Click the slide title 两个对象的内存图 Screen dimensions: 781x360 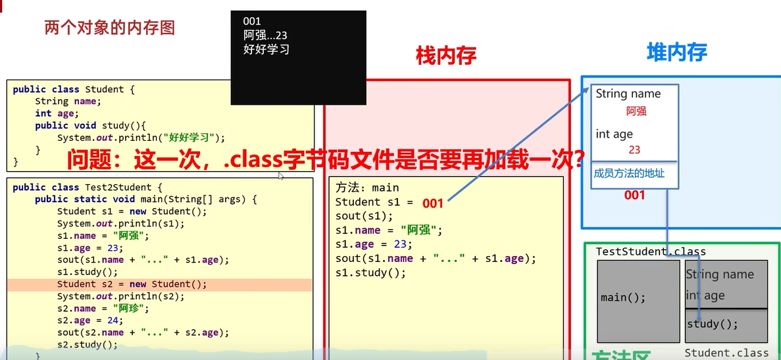109,28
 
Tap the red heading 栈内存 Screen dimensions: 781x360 445,56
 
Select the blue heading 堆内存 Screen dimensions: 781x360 677,52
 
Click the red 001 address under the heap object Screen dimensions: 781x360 634,195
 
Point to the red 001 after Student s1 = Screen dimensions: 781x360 433,203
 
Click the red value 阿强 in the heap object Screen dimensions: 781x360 636,111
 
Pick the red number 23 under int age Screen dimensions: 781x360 634,149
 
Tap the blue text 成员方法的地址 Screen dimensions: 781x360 629,174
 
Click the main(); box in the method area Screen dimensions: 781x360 623,297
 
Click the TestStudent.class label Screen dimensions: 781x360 651,251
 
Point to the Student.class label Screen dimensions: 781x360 726,353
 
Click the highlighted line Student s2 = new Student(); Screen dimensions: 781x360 132,284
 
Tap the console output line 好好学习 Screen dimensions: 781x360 266,49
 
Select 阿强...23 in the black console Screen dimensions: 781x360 265,36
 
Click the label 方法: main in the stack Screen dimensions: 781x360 367,188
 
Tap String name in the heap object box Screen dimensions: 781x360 628,94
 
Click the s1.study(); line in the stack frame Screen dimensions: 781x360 370,272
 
